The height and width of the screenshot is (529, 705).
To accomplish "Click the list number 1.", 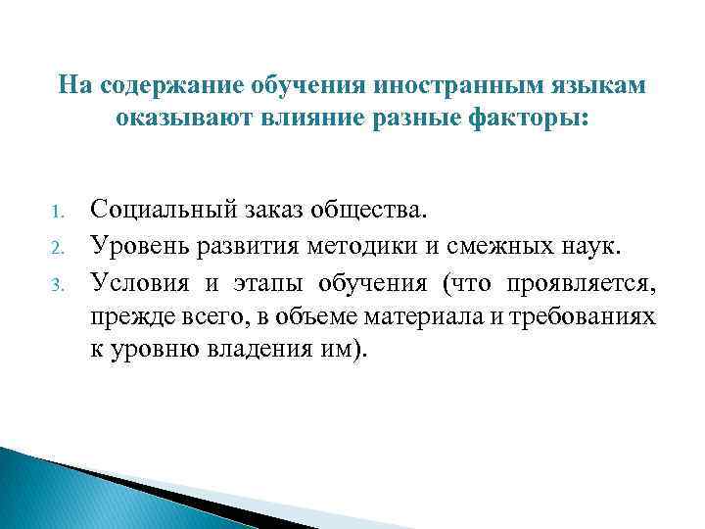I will pos(56,211).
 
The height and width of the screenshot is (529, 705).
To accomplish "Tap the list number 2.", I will pos(56,245).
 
